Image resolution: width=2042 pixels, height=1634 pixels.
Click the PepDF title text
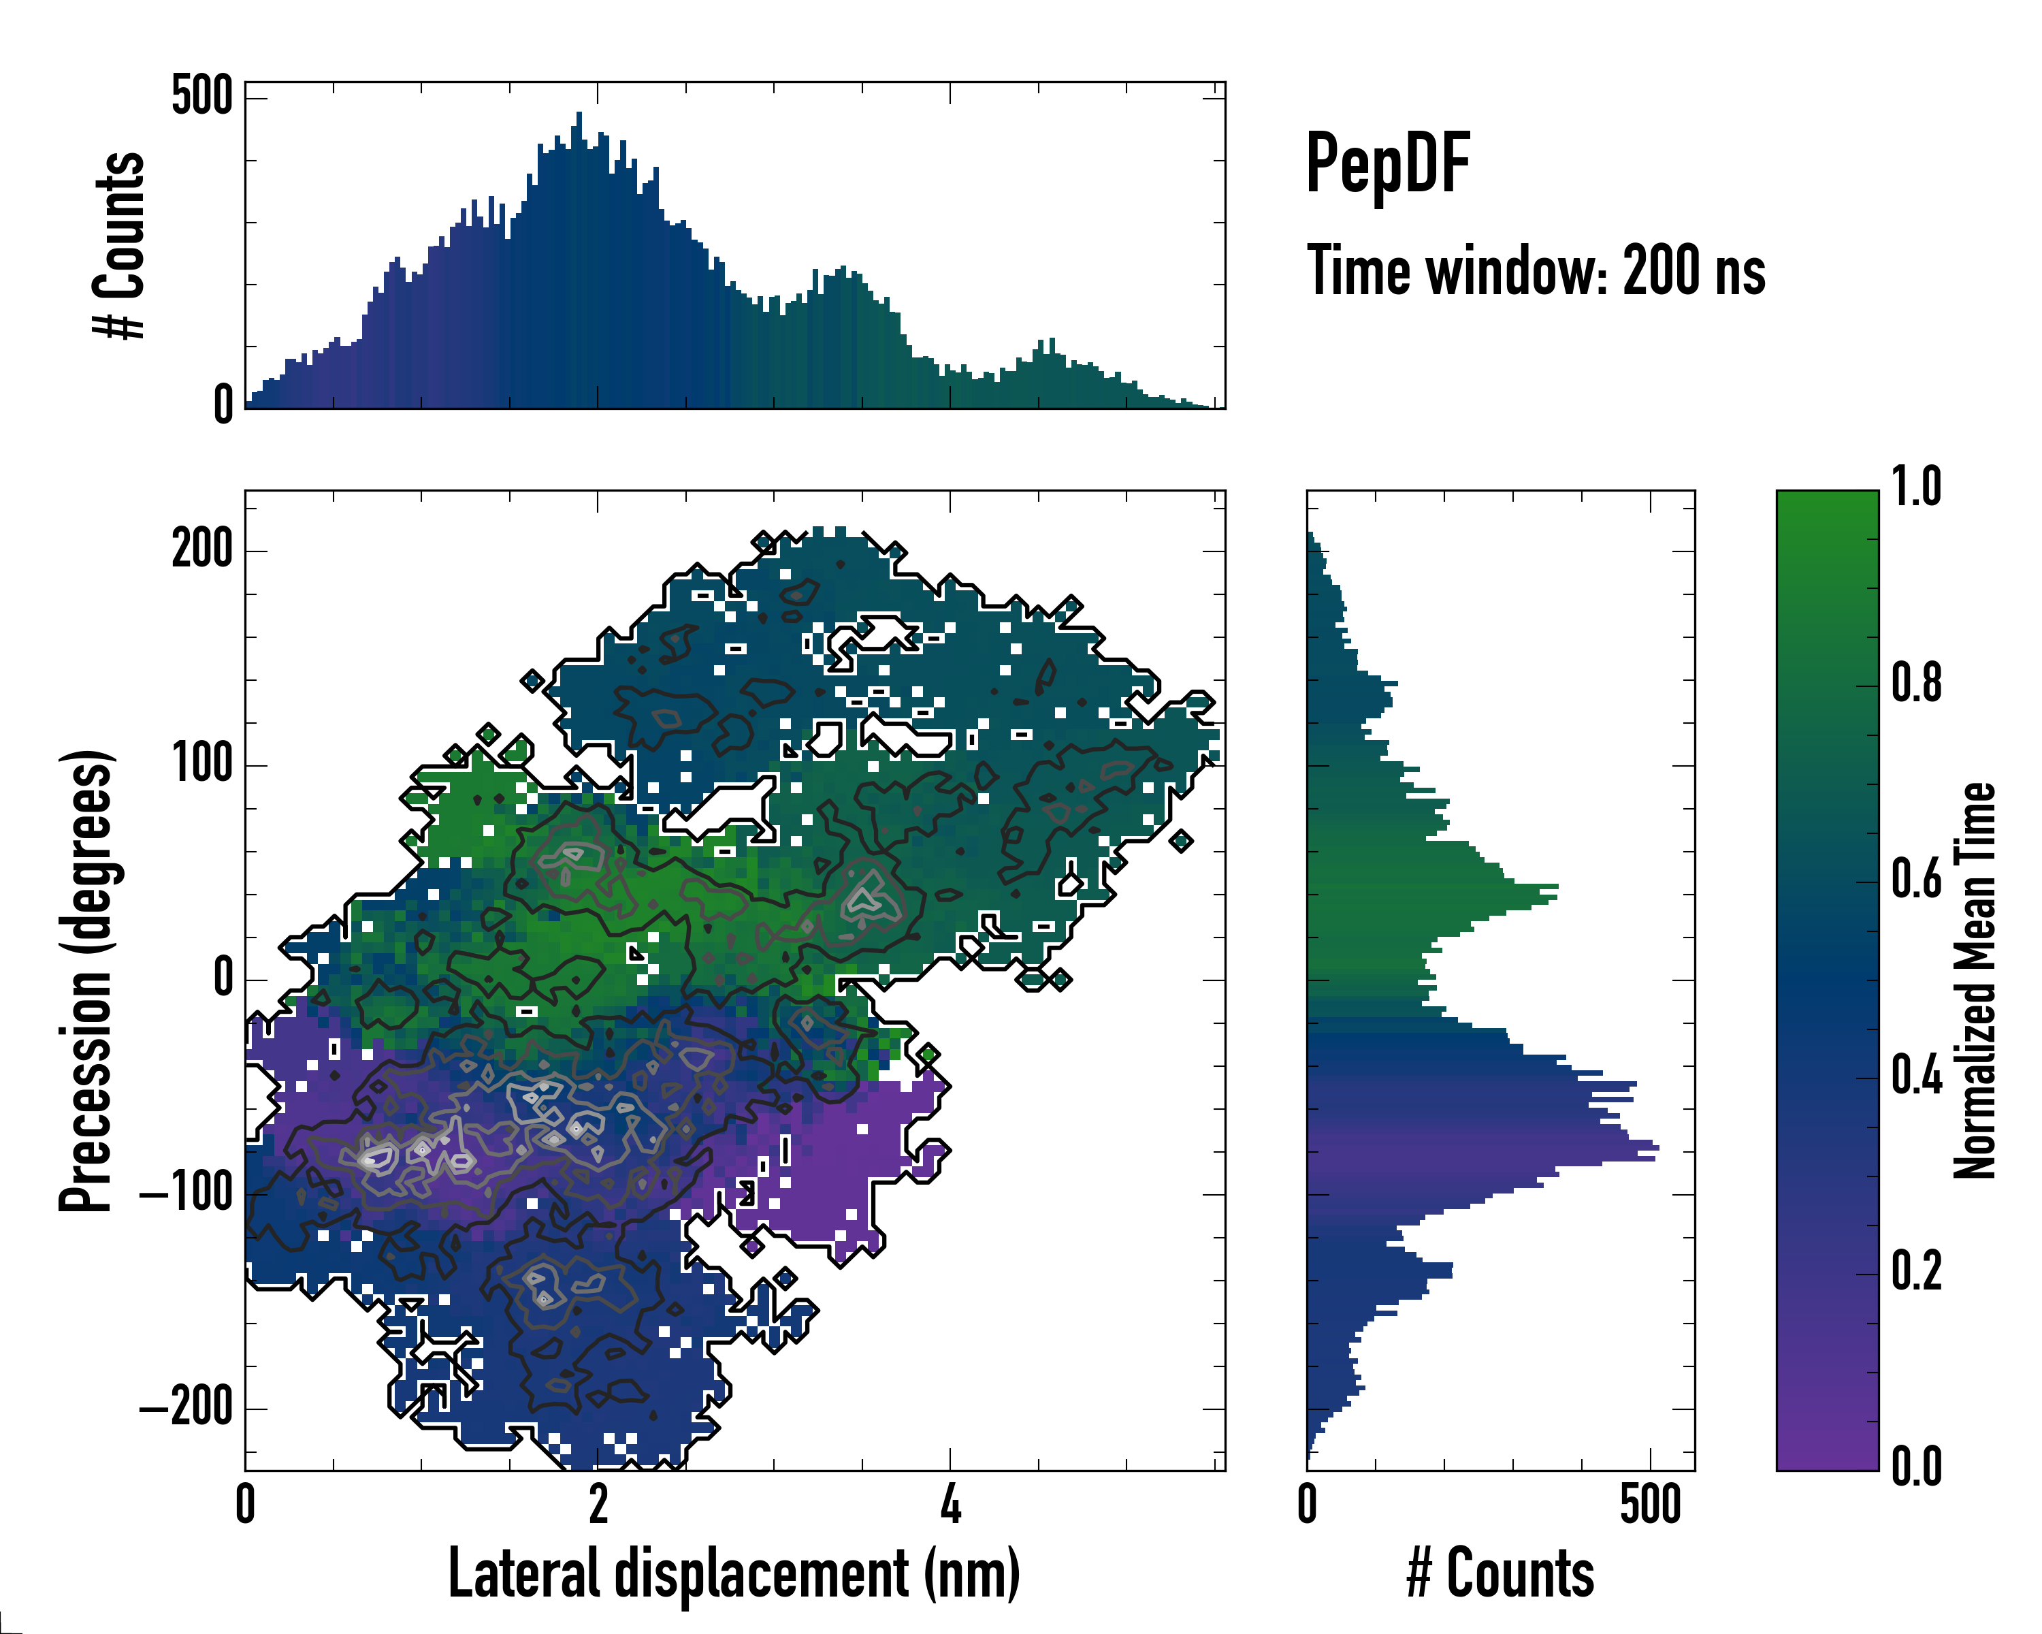pyautogui.click(x=1387, y=164)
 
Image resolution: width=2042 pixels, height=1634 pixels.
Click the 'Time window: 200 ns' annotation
pyautogui.click(x=1536, y=271)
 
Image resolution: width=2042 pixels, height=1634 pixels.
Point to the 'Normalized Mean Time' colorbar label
pyautogui.click(x=1975, y=980)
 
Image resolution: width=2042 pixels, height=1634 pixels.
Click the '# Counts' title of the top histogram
pyautogui.click(x=119, y=244)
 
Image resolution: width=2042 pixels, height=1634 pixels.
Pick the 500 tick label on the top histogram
pyautogui.click(x=201, y=96)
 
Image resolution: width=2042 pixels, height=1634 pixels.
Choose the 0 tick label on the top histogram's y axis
pyautogui.click(x=223, y=404)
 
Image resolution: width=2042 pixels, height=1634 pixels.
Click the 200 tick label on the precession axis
pyautogui.click(x=201, y=549)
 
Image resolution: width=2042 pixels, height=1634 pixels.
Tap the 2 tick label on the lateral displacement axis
pyautogui.click(x=598, y=1504)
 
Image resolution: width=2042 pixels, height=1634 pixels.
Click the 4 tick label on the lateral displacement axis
pyautogui.click(x=950, y=1504)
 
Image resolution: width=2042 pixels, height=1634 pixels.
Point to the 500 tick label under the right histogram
pyautogui.click(x=1650, y=1504)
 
